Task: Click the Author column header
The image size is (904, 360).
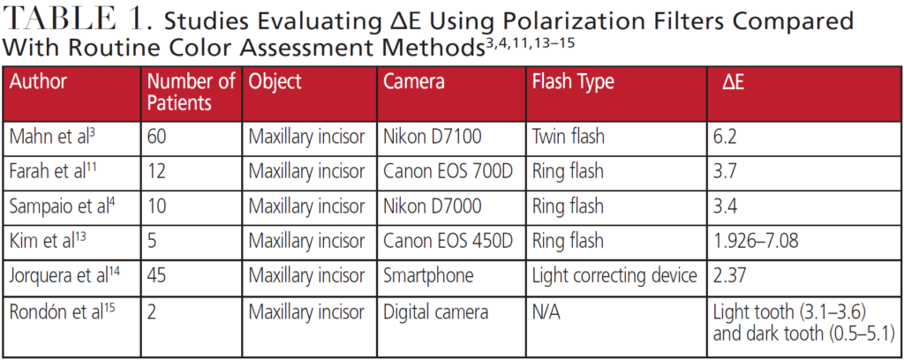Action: pyautogui.click(x=38, y=82)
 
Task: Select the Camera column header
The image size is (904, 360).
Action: pyautogui.click(x=414, y=82)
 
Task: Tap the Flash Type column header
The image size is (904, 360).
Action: pyautogui.click(x=572, y=83)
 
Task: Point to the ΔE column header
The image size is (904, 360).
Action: pyautogui.click(x=734, y=83)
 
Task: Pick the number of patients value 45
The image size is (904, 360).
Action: pyautogui.click(x=157, y=275)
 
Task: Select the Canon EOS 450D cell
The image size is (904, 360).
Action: pyautogui.click(x=448, y=241)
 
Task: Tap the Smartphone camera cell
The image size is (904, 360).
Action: pyautogui.click(x=428, y=275)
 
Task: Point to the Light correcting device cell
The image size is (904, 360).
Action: pyautogui.click(x=614, y=275)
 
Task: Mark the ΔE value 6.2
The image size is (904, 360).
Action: pyautogui.click(x=725, y=137)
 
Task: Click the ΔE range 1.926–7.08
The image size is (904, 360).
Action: pyautogui.click(x=756, y=241)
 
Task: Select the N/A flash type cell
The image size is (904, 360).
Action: pyautogui.click(x=546, y=311)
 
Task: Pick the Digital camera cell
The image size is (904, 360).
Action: pyautogui.click(x=436, y=312)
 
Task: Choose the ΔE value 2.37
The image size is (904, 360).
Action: pyautogui.click(x=730, y=275)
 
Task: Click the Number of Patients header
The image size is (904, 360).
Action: pyautogui.click(x=192, y=92)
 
